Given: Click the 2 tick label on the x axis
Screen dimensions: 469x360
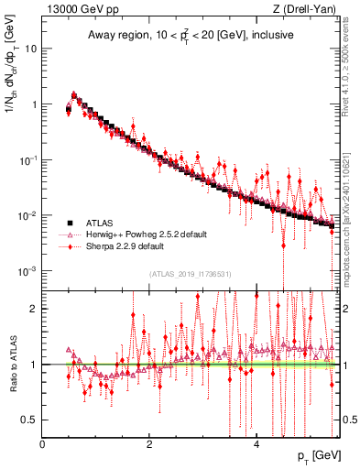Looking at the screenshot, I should (x=149, y=444).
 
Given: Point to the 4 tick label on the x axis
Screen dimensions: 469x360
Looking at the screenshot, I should (x=256, y=444).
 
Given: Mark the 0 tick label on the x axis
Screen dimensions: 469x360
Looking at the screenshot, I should (x=42, y=444).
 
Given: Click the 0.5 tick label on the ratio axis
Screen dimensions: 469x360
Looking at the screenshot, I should (x=29, y=420).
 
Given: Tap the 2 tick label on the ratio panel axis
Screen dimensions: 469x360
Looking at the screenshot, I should (x=34, y=309).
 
